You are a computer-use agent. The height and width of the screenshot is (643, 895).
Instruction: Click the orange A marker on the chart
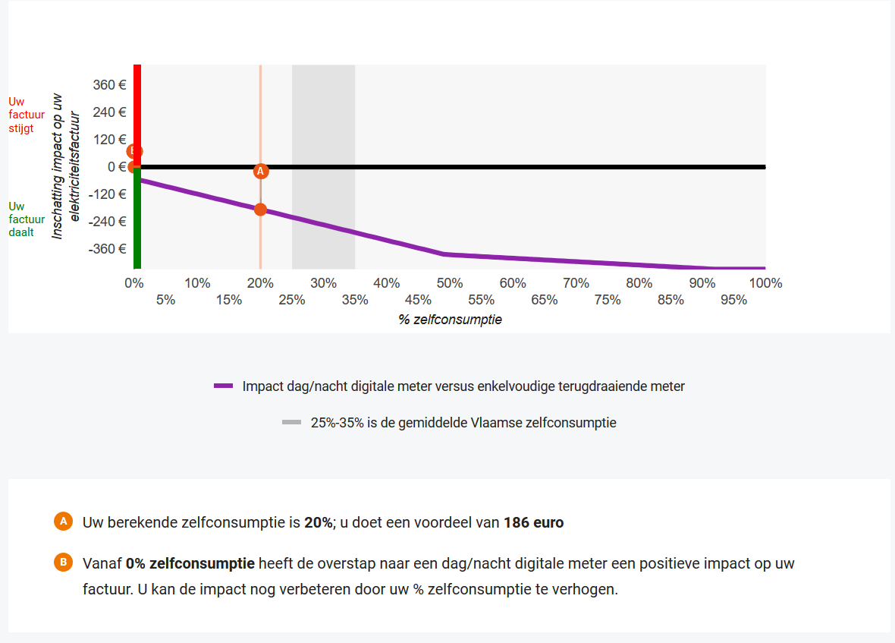click(x=260, y=172)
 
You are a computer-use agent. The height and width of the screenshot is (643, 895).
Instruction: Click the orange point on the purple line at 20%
click(x=260, y=209)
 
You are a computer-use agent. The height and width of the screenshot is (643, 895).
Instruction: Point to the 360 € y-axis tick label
click(x=109, y=84)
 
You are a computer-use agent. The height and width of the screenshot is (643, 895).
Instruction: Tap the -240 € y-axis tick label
click(x=107, y=222)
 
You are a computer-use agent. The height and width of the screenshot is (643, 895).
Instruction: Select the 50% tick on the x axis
click(x=450, y=283)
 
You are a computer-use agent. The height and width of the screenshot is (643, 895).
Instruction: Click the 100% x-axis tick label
click(x=765, y=283)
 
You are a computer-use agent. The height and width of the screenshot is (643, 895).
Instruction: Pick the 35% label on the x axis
click(x=355, y=300)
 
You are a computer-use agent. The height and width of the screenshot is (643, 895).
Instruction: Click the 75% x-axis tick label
click(x=608, y=300)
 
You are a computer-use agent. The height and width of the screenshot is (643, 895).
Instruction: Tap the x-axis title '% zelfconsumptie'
click(x=450, y=320)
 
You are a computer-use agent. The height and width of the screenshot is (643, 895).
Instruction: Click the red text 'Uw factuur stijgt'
click(x=23, y=115)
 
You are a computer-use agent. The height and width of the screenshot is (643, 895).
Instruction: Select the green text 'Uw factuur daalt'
click(x=23, y=219)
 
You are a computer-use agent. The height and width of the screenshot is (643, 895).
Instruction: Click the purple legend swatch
click(x=223, y=386)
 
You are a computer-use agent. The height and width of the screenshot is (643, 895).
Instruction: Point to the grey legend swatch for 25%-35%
click(x=292, y=423)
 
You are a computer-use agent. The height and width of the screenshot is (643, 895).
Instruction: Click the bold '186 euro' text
click(x=533, y=522)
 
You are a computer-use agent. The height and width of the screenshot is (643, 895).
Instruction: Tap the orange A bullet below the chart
click(x=63, y=522)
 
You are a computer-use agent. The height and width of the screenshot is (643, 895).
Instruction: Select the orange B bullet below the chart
click(x=63, y=563)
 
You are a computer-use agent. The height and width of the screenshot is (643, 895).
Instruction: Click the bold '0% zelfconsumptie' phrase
click(x=190, y=563)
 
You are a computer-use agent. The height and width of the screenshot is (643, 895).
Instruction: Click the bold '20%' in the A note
click(x=318, y=522)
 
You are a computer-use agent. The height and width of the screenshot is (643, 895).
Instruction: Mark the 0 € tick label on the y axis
click(x=117, y=167)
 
